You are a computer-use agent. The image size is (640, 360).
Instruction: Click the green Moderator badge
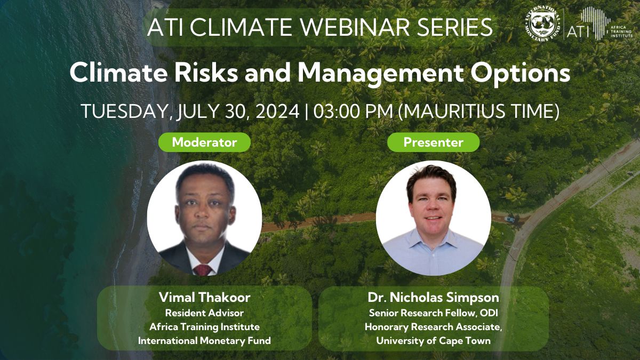(x=205, y=142)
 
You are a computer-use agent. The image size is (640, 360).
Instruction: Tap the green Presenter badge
(x=433, y=142)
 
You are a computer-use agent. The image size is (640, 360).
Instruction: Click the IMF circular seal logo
(x=542, y=24)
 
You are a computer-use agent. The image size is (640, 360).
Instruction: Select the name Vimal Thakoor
(x=205, y=298)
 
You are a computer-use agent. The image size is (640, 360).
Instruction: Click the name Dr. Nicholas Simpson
(x=433, y=298)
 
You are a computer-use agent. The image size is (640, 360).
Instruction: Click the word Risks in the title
(x=206, y=73)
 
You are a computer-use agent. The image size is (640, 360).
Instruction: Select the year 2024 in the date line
(x=277, y=111)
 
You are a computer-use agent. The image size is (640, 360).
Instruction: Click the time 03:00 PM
(x=353, y=111)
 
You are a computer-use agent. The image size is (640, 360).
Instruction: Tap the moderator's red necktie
(x=202, y=270)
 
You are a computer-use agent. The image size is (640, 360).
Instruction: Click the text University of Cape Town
(x=433, y=341)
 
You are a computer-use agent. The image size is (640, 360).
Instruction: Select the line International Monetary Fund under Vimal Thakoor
(x=205, y=341)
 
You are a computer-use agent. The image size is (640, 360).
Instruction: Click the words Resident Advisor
(x=205, y=313)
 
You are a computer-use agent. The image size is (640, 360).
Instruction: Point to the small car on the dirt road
(x=509, y=219)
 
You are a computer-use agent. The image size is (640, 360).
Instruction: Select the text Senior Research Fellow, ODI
(x=433, y=313)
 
